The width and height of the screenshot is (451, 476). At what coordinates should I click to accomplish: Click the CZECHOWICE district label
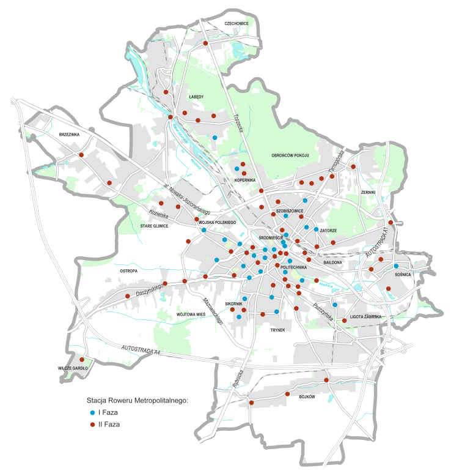(237, 23)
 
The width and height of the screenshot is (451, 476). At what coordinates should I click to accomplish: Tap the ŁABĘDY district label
(196, 97)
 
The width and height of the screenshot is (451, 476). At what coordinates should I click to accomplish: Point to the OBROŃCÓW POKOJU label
(290, 155)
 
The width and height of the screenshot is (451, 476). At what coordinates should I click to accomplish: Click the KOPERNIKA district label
(244, 180)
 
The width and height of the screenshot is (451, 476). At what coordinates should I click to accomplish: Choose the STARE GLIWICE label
(155, 226)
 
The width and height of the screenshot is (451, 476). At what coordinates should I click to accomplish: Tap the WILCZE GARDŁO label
(73, 369)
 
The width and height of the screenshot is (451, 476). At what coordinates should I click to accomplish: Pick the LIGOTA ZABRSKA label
(365, 317)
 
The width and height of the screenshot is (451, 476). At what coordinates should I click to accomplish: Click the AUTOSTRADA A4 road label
(141, 349)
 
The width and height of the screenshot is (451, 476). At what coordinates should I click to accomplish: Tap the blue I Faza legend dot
(92, 413)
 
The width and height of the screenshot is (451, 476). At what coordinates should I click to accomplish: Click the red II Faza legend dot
(92, 424)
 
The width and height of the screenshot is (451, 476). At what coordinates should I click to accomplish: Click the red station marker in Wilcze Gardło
(81, 359)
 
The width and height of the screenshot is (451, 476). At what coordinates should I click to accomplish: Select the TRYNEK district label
(278, 329)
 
